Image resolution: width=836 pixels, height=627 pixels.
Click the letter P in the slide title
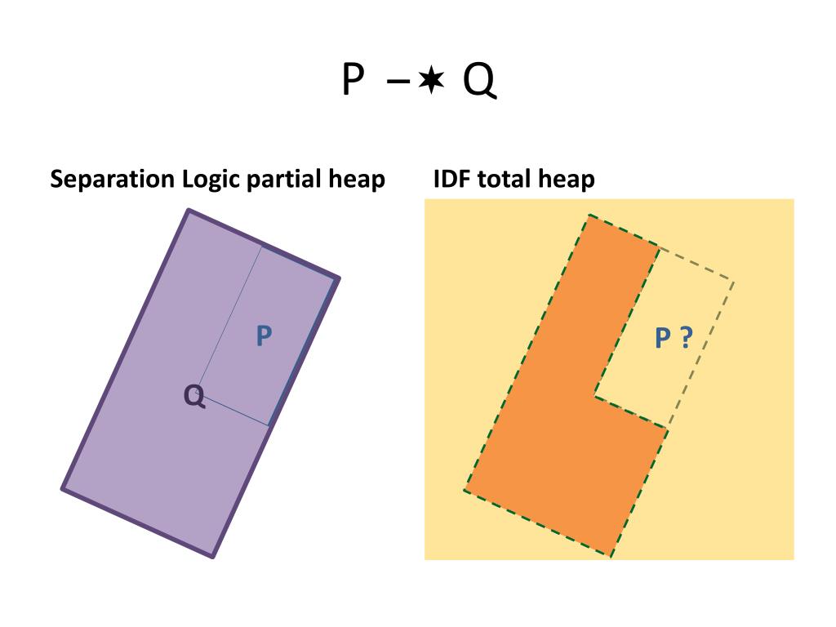coord(352,80)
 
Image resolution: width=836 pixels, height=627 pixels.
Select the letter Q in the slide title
coord(479,81)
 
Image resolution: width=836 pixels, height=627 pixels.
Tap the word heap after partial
coord(356,180)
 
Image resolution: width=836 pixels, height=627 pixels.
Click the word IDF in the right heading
coord(452,179)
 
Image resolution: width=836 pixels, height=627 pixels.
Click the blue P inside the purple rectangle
coord(264,335)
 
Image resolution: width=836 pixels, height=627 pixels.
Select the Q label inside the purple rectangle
coord(194,397)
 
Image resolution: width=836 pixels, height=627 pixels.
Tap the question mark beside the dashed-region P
coord(686,336)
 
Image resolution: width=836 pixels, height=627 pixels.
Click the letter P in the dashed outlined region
coord(663,336)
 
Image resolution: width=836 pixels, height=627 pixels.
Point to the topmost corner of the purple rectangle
coord(189,211)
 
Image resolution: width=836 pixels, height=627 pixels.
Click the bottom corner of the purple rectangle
coord(212,557)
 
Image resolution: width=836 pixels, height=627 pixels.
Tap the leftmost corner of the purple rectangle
coord(63,489)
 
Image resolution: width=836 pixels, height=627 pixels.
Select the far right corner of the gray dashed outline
coord(733,282)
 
